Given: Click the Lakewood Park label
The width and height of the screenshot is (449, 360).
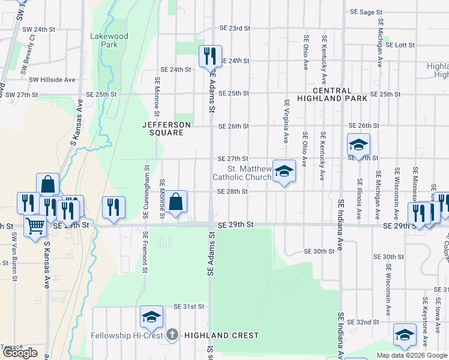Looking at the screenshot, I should [x=109, y=40].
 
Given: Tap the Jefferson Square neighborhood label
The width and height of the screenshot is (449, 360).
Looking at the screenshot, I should [x=166, y=128].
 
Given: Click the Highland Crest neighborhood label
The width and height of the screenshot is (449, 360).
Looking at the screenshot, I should [x=221, y=335].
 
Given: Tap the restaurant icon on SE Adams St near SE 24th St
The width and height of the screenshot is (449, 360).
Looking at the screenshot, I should [x=210, y=56].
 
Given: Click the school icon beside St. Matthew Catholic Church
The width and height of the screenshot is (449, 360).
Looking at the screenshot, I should [x=284, y=171].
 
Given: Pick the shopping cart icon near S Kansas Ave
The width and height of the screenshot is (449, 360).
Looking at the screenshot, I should [x=35, y=226].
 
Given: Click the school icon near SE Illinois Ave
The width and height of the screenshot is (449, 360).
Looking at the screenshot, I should [x=358, y=145].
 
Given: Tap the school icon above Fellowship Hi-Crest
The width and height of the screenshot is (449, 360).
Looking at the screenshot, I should [x=152, y=317].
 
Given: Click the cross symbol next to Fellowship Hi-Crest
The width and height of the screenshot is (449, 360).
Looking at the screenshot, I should [x=172, y=335].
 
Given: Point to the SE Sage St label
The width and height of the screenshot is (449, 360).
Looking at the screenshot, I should [x=367, y=12].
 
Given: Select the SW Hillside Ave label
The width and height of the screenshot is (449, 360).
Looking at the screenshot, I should [x=52, y=79].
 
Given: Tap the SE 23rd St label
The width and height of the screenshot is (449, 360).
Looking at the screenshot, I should [x=234, y=28].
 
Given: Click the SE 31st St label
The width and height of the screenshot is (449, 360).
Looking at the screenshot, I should [x=189, y=306].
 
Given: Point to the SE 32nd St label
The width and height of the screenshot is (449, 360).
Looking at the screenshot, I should [x=362, y=322].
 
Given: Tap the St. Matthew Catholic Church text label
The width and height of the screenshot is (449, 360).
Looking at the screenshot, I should [x=242, y=173].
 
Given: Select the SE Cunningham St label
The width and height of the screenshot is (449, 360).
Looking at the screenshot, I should [x=145, y=191].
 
